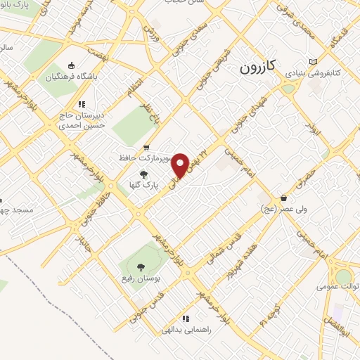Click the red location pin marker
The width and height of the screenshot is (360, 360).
pyautogui.click(x=181, y=165)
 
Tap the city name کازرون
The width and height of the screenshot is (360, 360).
pyautogui.click(x=260, y=67)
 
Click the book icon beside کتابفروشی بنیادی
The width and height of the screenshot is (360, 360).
pyautogui.click(x=313, y=63)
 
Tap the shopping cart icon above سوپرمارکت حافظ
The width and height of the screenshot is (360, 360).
pyautogui.click(x=146, y=148)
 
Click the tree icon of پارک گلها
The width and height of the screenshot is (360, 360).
pyautogui.click(x=144, y=174)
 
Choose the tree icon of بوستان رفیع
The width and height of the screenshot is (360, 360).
pyautogui.click(x=141, y=267)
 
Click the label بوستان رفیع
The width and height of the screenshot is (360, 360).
pyautogui.click(x=141, y=279)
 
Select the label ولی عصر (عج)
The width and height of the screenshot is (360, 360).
pyautogui.click(x=278, y=210)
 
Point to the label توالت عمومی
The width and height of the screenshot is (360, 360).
pyautogui.click(x=336, y=286)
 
